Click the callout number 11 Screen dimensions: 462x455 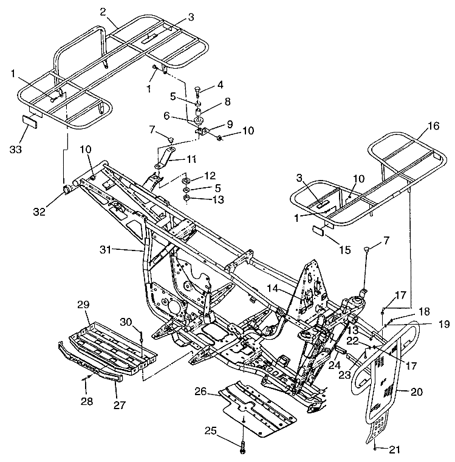click(191, 159)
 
